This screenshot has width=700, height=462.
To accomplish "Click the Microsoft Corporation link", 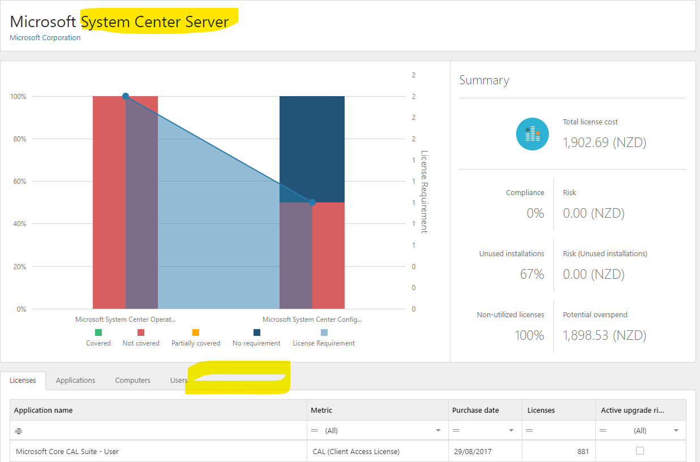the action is [45, 37].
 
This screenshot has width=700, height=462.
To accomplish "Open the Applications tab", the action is [75, 380].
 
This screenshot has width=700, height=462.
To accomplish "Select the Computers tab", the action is [132, 380].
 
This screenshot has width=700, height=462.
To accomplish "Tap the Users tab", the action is [179, 380].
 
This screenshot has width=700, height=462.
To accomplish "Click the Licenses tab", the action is [23, 380].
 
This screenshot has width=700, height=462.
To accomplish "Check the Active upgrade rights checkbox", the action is [640, 451].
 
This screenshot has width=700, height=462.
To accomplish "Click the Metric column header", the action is [321, 410].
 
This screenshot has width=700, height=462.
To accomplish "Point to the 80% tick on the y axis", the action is [19, 139].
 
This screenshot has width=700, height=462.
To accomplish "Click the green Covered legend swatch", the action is [98, 333].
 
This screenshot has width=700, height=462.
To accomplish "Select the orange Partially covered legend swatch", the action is [196, 333].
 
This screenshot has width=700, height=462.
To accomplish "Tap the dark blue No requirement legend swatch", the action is [257, 333].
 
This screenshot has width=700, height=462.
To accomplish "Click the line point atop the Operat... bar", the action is [126, 96].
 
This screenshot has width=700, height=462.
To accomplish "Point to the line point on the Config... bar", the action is [312, 202].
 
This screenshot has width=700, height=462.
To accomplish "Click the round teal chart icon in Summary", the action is [532, 134].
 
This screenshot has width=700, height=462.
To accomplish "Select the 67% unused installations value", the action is [532, 274].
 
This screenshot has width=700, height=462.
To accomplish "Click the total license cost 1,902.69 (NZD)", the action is [604, 143].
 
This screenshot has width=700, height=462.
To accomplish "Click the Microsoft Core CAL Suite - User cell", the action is [67, 451].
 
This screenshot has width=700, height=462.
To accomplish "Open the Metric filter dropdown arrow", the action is [438, 430].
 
